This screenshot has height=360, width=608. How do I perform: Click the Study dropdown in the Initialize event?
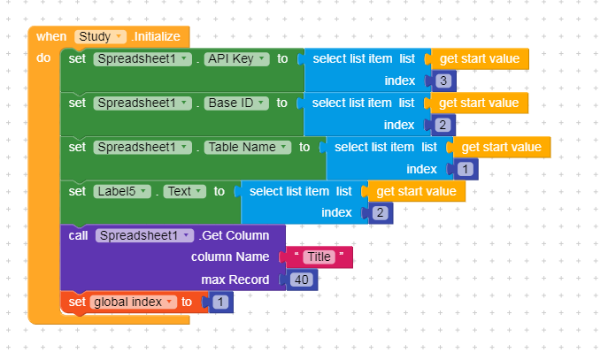(x=102, y=37)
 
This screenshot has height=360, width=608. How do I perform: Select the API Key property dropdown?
(x=235, y=59)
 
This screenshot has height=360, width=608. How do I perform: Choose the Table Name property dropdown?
(x=247, y=148)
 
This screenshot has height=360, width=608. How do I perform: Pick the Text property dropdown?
(x=184, y=191)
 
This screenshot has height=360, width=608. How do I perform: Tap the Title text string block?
(x=317, y=257)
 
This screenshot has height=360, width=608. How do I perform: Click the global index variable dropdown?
(x=133, y=303)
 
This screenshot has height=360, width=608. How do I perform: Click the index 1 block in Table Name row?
(x=466, y=169)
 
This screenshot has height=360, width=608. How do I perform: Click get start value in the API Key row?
(x=479, y=59)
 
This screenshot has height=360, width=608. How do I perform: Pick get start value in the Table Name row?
(x=501, y=147)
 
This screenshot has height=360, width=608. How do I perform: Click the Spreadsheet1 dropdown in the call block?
(x=144, y=235)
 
